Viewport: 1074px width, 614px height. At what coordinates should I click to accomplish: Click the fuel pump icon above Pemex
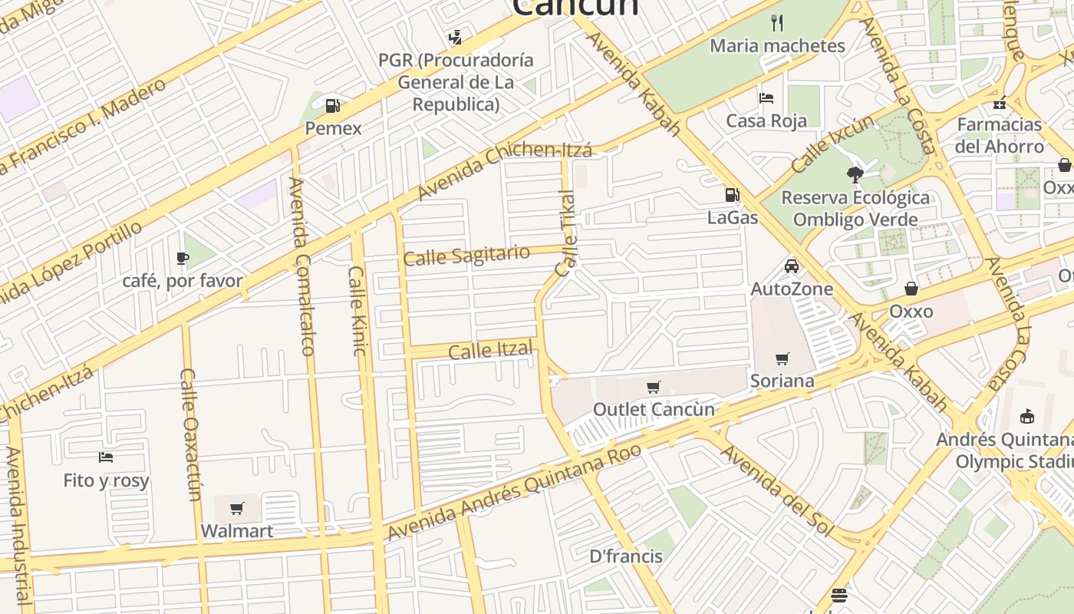pos(332,105)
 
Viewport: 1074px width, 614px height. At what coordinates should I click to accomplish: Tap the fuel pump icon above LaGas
pos(733,195)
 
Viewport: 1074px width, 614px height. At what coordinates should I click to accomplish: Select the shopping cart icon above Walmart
pos(237,508)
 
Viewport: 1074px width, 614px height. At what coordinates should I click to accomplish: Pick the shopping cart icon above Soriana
pos(782,358)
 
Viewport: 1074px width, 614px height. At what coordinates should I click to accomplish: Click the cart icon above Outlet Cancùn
pos(653,388)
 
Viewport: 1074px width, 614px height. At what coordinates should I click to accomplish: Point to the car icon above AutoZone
pos(792,266)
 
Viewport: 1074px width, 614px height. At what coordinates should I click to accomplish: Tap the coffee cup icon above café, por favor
pos(182,258)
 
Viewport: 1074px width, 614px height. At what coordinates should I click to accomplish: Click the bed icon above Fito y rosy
pos(106,458)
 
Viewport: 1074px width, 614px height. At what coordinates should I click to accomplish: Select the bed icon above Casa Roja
pos(766,98)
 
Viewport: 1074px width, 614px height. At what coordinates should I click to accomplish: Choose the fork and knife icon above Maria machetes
pos(777,23)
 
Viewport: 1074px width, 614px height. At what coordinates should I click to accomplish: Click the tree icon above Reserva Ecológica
pos(855,175)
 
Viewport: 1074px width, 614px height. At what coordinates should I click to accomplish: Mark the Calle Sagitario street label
pos(466,256)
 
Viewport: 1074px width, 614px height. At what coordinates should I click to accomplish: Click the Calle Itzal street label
pos(490,351)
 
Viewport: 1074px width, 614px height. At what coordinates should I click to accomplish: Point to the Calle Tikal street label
pos(566,233)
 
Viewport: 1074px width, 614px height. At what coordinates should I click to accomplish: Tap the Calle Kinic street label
pos(357,311)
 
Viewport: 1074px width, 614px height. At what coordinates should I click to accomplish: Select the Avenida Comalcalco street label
pos(302,266)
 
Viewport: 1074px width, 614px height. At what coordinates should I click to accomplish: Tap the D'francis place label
pos(626,556)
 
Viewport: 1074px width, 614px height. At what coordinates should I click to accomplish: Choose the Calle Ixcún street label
pos(832,144)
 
